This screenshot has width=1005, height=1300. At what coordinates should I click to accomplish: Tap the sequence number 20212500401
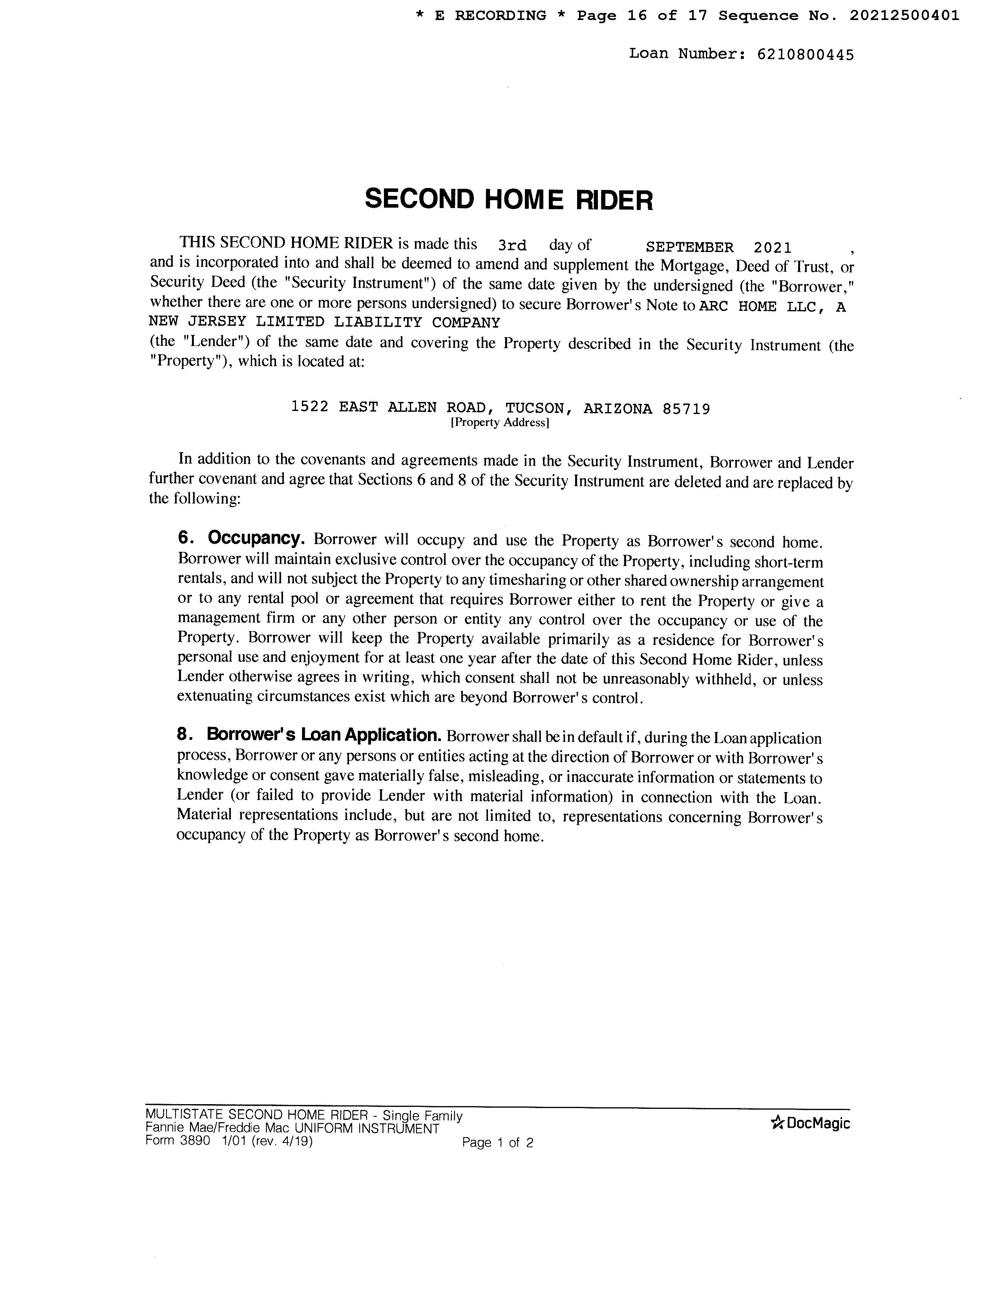[x=904, y=16]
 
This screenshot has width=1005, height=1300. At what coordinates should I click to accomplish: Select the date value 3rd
[x=512, y=246]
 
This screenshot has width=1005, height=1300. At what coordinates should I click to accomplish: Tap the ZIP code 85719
[x=686, y=409]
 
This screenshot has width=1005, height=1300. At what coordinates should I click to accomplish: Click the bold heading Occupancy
[x=256, y=538]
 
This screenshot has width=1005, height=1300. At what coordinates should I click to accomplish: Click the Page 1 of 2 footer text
[x=497, y=1142]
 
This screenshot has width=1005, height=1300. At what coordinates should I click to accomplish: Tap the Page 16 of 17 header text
[x=642, y=16]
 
